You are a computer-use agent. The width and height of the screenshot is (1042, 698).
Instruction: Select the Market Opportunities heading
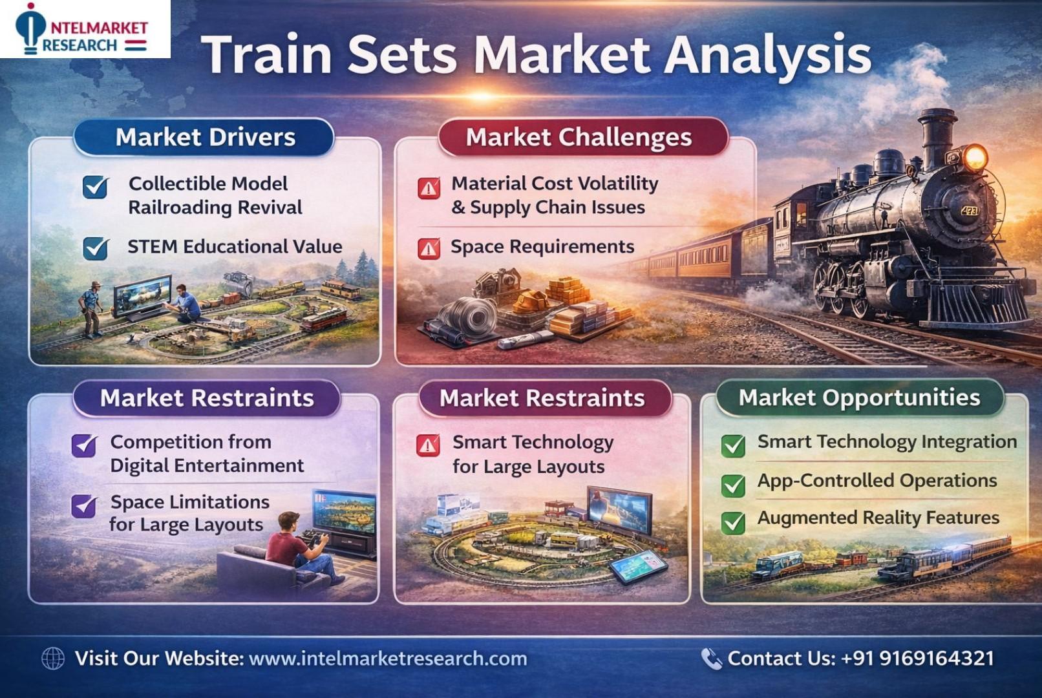pyautogui.click(x=860, y=397)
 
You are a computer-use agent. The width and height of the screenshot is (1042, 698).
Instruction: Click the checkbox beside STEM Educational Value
pyautogui.click(x=96, y=248)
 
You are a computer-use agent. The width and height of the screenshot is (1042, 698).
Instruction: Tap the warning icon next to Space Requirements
pyautogui.click(x=429, y=249)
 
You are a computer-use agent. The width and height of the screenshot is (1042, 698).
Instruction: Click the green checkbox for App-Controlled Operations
pyautogui.click(x=733, y=485)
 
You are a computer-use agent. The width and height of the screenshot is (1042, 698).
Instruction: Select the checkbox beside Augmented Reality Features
pyautogui.click(x=733, y=522)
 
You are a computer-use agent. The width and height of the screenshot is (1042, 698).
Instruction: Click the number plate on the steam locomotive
pyautogui.click(x=969, y=211)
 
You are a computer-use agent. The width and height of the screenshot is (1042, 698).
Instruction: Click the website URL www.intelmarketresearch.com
pyautogui.click(x=388, y=659)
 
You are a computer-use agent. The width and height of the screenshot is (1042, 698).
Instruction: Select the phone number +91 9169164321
pyautogui.click(x=917, y=659)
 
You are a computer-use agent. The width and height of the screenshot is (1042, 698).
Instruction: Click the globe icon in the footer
pyautogui.click(x=53, y=659)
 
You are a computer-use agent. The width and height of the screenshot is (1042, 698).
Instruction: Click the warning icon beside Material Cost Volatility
pyautogui.click(x=429, y=188)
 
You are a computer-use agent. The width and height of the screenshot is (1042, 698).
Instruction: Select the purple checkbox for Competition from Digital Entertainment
pyautogui.click(x=84, y=446)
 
